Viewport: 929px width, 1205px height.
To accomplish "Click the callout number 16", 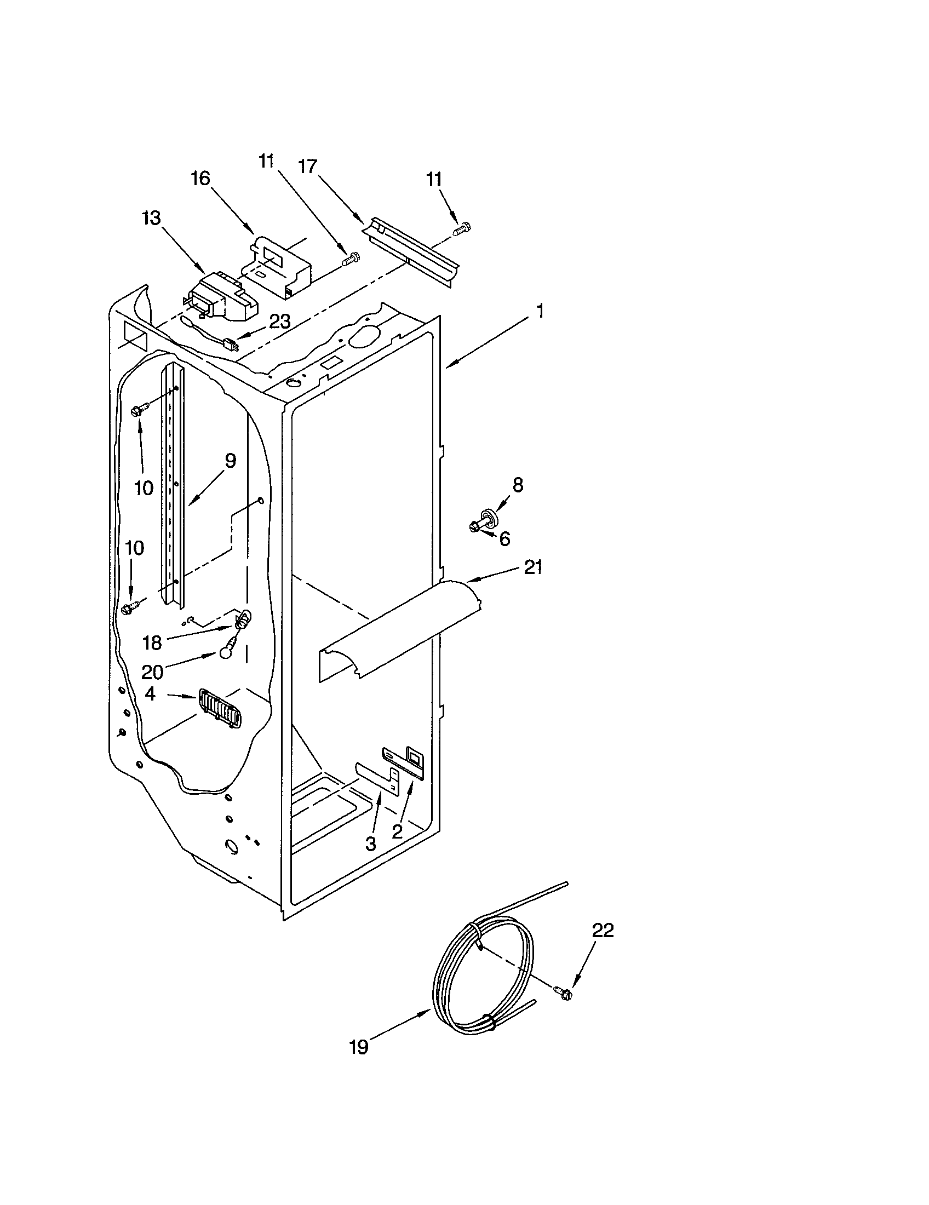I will pos(201,178).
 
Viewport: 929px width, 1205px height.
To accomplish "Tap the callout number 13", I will pos(151,218).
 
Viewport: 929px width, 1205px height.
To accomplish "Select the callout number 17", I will pos(308,166).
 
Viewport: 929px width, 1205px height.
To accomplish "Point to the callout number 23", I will pos(280,322).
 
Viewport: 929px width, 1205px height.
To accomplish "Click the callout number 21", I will pos(533,567).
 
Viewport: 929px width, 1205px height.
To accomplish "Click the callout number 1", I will pos(540,311).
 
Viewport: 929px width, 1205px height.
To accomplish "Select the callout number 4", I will pos(150,694).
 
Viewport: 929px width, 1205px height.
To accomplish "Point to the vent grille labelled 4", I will pos(220,709).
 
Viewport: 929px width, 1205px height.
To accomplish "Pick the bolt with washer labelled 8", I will pos(484,520).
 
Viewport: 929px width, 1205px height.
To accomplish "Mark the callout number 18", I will pos(152,643).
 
